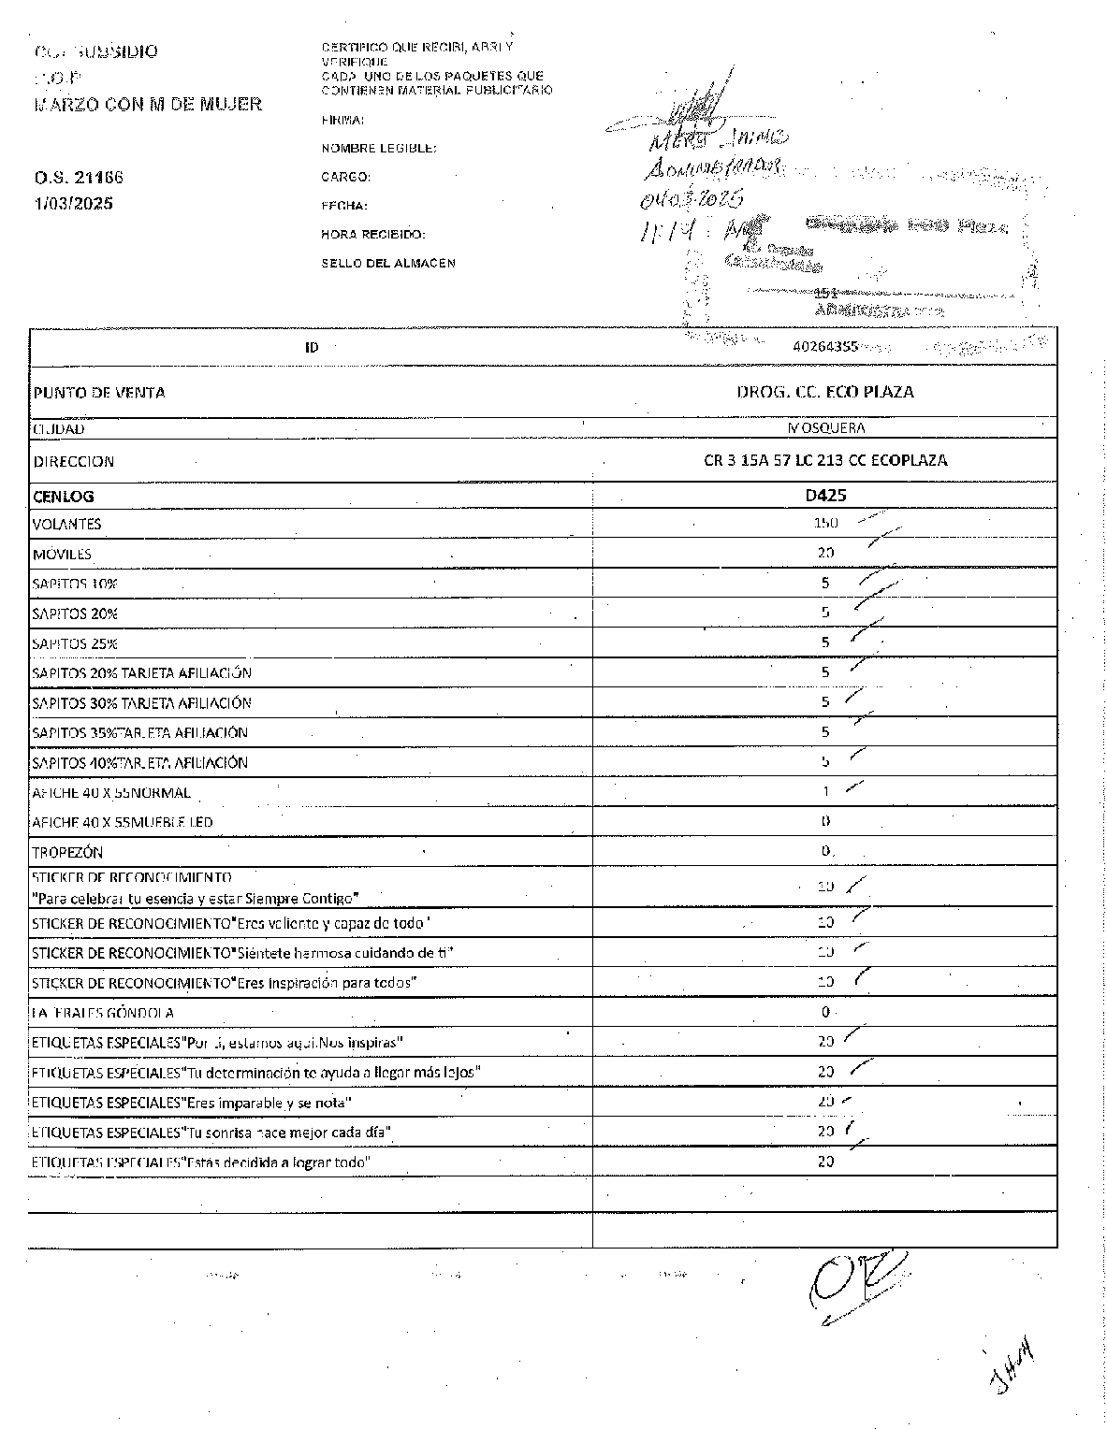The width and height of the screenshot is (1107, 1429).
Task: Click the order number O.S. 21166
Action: click(x=79, y=177)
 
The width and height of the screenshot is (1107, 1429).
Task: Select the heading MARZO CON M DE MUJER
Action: click(x=148, y=104)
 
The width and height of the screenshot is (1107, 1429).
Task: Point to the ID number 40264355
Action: click(x=824, y=346)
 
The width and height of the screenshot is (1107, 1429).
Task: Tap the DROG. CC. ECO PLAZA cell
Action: click(x=824, y=392)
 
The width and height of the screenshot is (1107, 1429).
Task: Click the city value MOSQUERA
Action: click(x=825, y=428)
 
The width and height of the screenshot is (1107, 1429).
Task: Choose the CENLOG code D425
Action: click(x=824, y=496)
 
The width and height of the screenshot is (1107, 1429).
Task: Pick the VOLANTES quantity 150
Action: click(x=825, y=524)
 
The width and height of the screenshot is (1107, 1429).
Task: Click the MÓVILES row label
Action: click(x=62, y=554)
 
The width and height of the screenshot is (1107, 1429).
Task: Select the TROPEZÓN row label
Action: click(x=67, y=852)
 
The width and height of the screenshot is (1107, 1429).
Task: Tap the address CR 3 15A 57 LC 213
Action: click(x=824, y=460)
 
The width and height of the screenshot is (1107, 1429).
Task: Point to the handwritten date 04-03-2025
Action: click(x=692, y=198)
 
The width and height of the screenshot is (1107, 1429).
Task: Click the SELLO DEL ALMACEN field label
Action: click(x=388, y=263)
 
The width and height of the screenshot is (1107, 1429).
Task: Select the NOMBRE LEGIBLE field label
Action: click(x=379, y=148)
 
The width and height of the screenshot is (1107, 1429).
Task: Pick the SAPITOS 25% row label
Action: click(x=75, y=643)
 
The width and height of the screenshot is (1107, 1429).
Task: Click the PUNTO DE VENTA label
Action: click(x=99, y=393)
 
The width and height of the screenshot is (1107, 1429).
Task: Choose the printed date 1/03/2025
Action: click(x=73, y=203)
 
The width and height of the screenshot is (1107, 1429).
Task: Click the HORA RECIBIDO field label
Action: click(x=373, y=234)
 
